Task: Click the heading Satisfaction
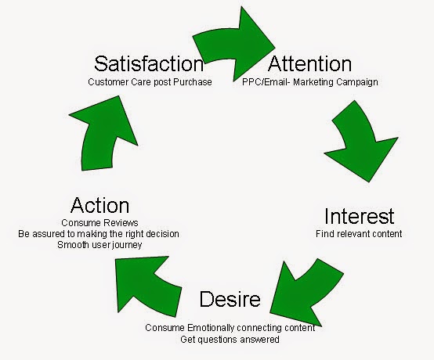(149, 63)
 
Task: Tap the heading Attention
(309, 63)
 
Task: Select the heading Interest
(359, 216)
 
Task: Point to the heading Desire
(230, 299)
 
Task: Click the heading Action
(100, 205)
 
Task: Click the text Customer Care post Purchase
(150, 82)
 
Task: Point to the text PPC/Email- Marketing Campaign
(310, 82)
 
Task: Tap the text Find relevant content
(359, 234)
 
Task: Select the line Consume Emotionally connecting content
(230, 328)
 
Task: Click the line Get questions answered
(230, 340)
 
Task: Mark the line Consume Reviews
(99, 222)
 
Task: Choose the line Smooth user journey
(99, 245)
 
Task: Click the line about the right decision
(99, 234)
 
